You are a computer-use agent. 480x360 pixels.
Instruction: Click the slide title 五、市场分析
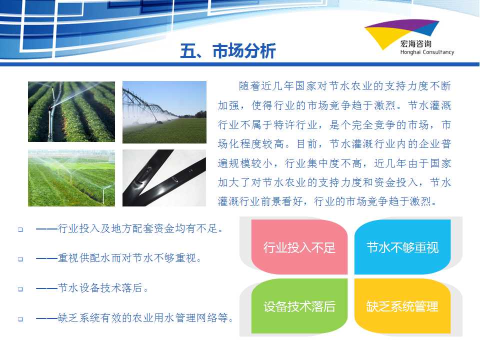click(x=228, y=50)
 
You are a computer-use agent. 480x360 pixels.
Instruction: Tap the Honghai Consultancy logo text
click(x=427, y=52)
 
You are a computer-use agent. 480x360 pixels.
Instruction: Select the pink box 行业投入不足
click(x=299, y=246)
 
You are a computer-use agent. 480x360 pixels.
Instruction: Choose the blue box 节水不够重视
click(x=402, y=246)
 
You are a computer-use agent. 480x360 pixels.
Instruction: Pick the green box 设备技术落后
click(x=299, y=306)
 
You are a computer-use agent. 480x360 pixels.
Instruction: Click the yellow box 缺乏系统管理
click(x=402, y=306)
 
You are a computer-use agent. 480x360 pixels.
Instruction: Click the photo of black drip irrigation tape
click(x=164, y=178)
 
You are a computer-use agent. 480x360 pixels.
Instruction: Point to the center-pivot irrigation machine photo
click(x=164, y=112)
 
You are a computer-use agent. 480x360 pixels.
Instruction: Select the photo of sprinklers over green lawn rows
click(x=71, y=178)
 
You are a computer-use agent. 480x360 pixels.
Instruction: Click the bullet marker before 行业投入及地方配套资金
click(x=20, y=229)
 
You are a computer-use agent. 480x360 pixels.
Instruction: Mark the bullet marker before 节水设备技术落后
click(x=20, y=289)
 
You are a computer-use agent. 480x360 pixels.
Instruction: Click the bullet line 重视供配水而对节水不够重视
click(x=118, y=258)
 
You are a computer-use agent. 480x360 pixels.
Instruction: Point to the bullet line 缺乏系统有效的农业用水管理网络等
click(x=134, y=318)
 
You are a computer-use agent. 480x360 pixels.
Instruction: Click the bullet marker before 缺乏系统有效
click(x=20, y=319)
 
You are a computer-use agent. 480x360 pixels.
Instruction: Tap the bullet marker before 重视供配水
click(x=20, y=259)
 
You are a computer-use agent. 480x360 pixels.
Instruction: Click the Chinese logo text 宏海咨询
click(x=415, y=44)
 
